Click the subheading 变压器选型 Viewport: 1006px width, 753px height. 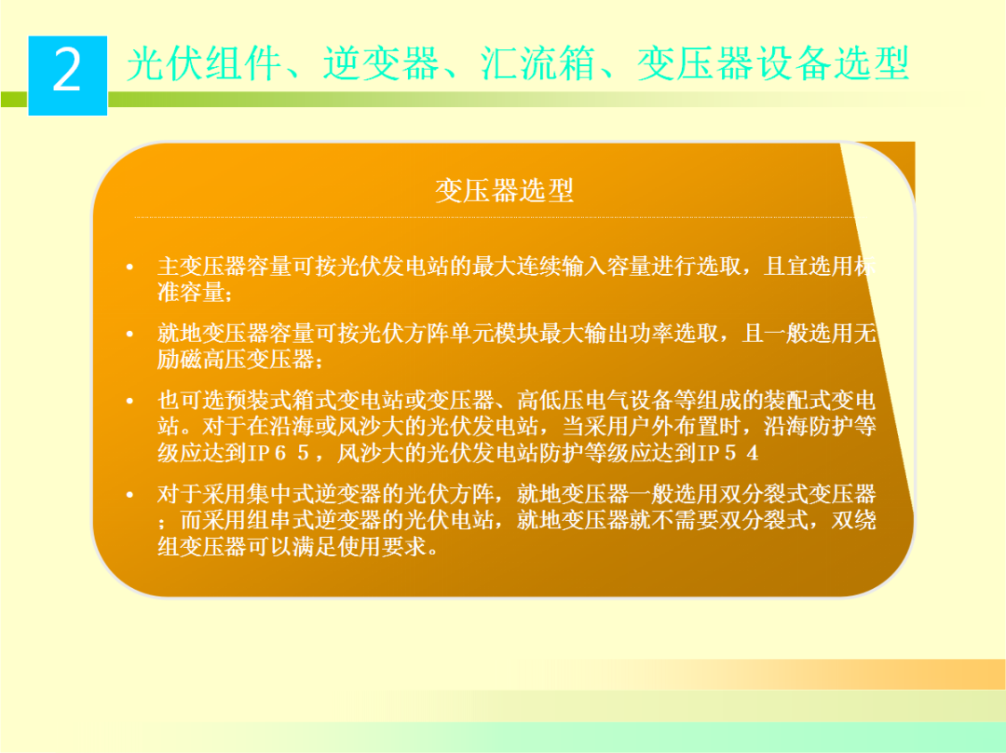coord(504,191)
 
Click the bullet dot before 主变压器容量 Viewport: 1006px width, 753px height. coord(130,267)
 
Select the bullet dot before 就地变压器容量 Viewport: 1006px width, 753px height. coord(130,335)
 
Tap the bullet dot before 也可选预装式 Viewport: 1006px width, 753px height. coord(130,402)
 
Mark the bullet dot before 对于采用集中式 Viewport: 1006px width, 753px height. coord(130,494)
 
